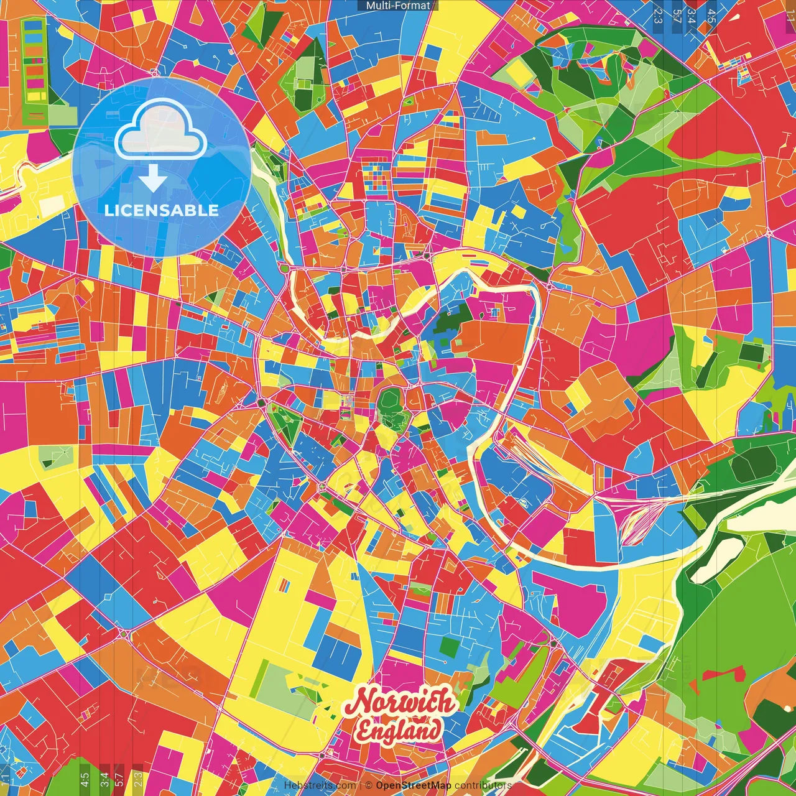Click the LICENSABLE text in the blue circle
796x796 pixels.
tap(161, 210)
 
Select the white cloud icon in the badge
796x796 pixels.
tap(161, 131)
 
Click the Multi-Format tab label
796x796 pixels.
tap(398, 6)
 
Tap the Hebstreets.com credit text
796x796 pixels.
tap(320, 785)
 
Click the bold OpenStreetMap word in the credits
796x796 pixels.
tap(414, 785)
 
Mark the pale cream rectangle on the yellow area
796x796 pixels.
tap(52, 206)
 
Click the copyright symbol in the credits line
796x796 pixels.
tap(368, 785)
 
